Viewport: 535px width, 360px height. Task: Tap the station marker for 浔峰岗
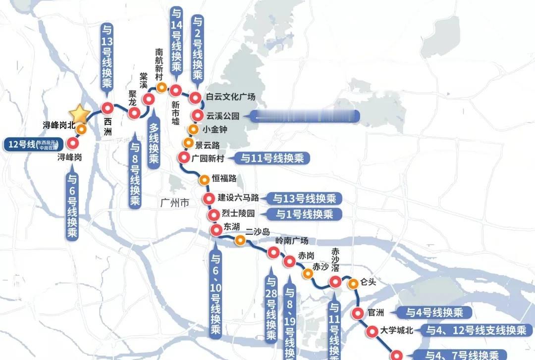click(73, 144)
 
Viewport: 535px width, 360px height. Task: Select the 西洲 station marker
click(107, 108)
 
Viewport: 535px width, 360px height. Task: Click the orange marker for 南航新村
click(161, 88)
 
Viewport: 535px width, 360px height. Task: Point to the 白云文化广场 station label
click(230, 97)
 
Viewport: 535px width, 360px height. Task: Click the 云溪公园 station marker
click(198, 116)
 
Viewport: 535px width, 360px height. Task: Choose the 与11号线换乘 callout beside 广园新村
click(274, 158)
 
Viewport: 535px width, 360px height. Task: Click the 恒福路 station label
click(224, 179)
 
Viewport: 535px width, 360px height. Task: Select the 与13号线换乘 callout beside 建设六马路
click(304, 199)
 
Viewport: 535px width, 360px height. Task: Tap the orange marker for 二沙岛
click(240, 241)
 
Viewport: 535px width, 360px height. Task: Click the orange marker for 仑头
click(353, 284)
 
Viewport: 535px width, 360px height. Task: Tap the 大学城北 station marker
click(372, 331)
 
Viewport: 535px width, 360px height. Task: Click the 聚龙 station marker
click(133, 113)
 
